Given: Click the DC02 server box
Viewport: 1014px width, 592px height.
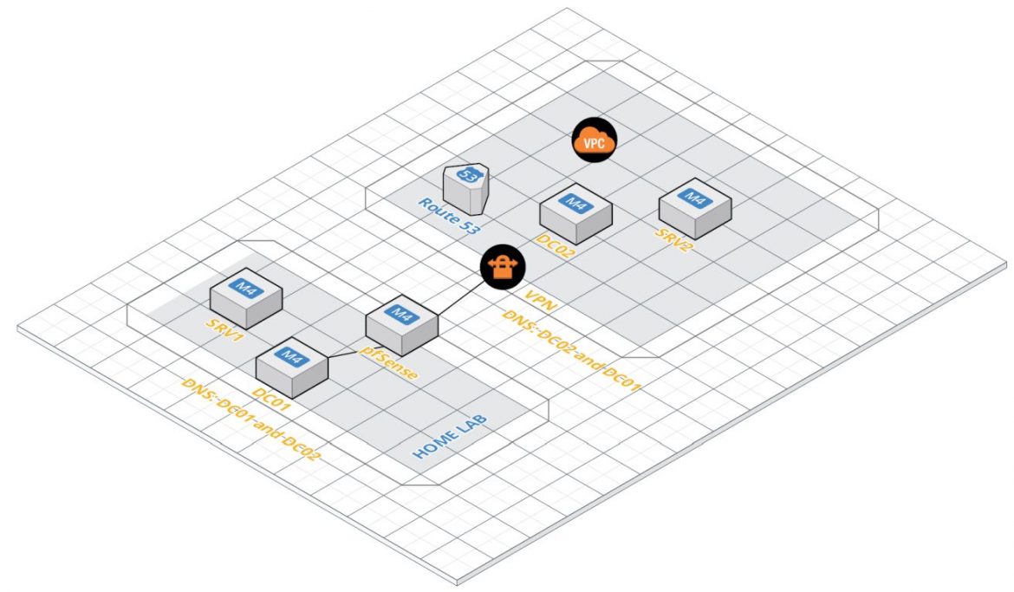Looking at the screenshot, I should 575,213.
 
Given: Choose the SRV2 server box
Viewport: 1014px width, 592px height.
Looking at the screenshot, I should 694,208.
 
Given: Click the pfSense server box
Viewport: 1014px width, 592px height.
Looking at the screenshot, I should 401,324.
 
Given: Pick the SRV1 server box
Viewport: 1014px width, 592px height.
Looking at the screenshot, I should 247,296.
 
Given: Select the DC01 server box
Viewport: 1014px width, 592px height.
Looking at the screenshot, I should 292,368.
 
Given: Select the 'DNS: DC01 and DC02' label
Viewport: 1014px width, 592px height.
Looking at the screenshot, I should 246,419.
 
